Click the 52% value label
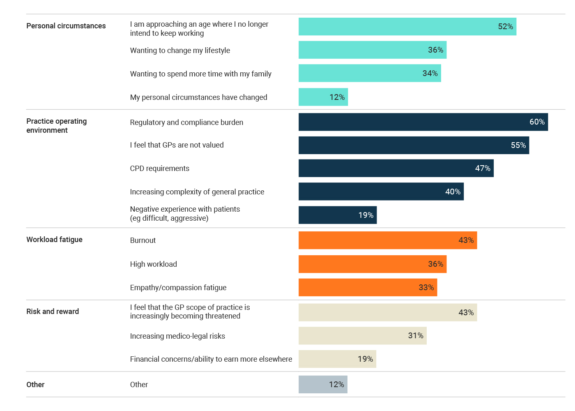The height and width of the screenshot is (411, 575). (x=505, y=27)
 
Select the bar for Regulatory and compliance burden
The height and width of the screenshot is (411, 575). (x=423, y=122)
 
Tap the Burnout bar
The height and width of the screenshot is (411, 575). (x=387, y=240)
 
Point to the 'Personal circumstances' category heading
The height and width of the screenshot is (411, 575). (x=66, y=26)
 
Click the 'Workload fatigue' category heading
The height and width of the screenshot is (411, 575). (x=54, y=240)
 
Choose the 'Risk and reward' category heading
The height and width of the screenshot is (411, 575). (x=53, y=312)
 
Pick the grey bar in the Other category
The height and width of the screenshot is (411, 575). (x=323, y=385)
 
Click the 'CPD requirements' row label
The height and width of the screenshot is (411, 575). (x=159, y=169)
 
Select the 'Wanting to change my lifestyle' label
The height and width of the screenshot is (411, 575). (x=180, y=51)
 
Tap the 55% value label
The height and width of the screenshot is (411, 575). (x=518, y=145)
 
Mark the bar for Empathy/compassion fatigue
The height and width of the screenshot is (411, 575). (x=368, y=288)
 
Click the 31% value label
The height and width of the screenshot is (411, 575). (x=415, y=336)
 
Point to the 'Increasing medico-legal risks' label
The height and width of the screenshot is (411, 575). (x=177, y=336)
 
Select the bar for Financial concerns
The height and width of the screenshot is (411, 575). (x=337, y=359)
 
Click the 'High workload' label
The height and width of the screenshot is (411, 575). (x=153, y=264)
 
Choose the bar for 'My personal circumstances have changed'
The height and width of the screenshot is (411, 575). (x=323, y=97)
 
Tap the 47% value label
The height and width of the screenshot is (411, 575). (x=482, y=169)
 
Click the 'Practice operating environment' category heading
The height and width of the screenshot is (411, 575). (x=56, y=126)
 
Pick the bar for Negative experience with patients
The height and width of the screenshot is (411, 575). (x=337, y=215)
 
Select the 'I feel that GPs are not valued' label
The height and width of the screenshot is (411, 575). (x=177, y=145)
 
